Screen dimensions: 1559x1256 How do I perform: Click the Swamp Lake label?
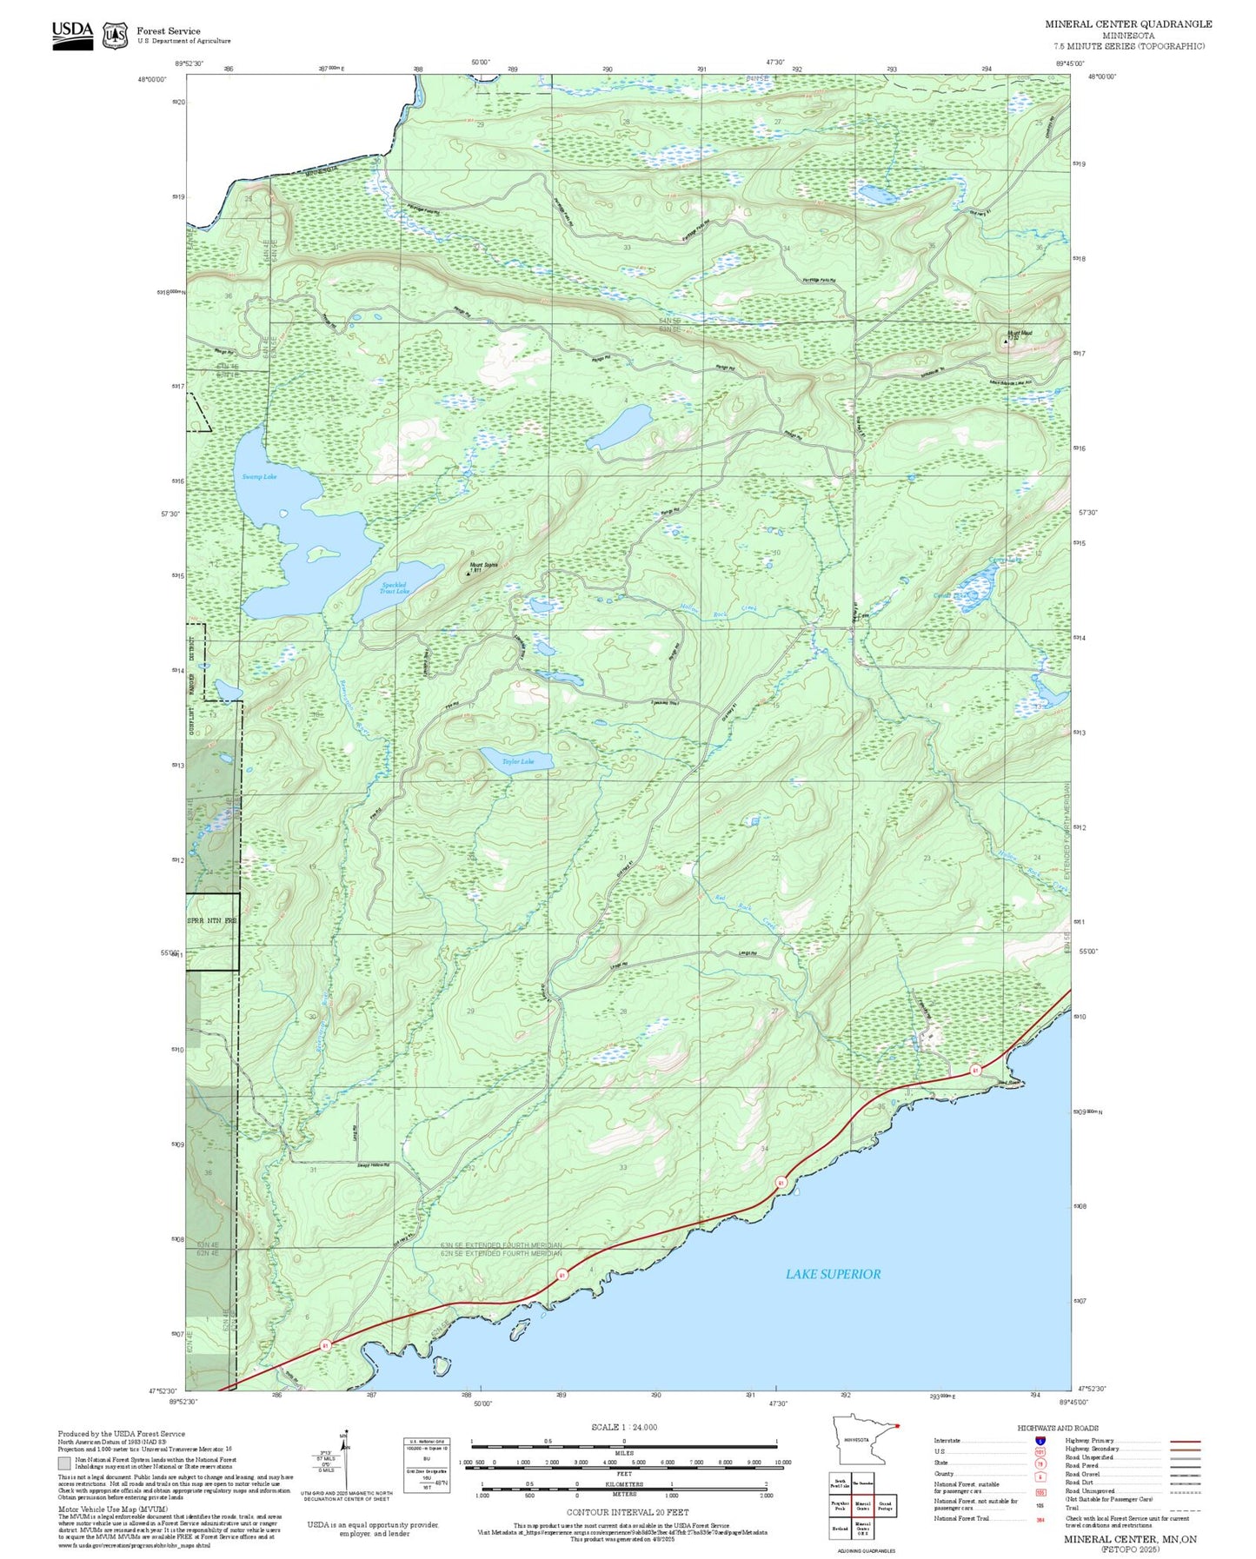click(259, 476)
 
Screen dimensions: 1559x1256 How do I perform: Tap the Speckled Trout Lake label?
click(395, 588)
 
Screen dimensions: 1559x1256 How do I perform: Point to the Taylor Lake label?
click(517, 761)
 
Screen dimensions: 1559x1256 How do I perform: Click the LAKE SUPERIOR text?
click(833, 1274)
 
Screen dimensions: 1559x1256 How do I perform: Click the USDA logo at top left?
click(72, 35)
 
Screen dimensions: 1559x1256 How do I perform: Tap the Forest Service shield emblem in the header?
click(115, 36)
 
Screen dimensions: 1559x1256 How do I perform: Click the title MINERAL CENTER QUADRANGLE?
click(1127, 23)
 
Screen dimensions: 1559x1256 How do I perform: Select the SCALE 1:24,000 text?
click(623, 1427)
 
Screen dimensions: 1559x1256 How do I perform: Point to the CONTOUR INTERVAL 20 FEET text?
click(627, 1512)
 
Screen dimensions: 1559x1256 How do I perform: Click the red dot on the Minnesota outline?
click(896, 1425)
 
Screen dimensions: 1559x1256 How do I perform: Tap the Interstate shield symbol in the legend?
click(1040, 1440)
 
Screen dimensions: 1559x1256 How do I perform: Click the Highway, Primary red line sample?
click(1185, 1441)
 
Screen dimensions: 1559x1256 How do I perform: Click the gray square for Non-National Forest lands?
click(65, 1463)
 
